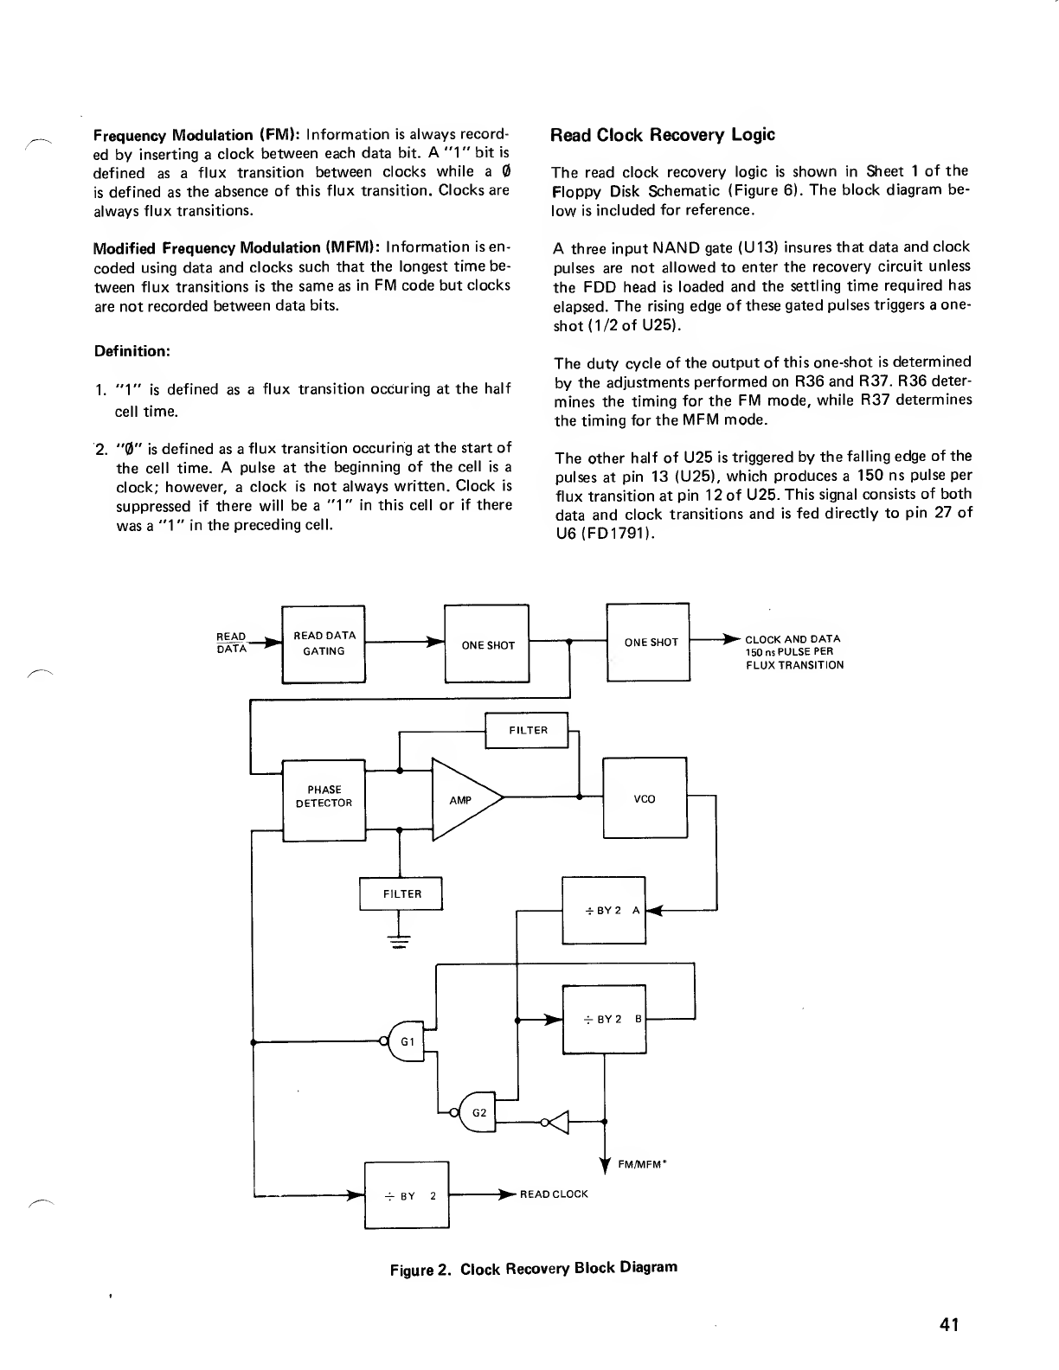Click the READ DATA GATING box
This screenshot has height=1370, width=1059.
pyautogui.click(x=324, y=644)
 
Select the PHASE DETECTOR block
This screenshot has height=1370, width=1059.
pyautogui.click(x=324, y=797)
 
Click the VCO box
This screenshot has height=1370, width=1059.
pyautogui.click(x=645, y=798)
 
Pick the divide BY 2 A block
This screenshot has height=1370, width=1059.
pyautogui.click(x=604, y=910)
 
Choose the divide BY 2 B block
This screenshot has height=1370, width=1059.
pyautogui.click(x=604, y=1019)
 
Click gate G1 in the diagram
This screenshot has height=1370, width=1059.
pyautogui.click(x=408, y=1041)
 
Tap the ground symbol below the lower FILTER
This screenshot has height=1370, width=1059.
pyautogui.click(x=400, y=941)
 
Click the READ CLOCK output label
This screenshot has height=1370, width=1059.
pyautogui.click(x=554, y=1194)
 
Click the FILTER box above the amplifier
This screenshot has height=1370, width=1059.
pyautogui.click(x=527, y=730)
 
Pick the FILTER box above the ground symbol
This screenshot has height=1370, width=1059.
pyautogui.click(x=401, y=893)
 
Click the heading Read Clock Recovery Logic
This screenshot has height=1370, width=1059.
pyautogui.click(x=663, y=135)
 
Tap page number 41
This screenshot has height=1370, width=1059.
pyautogui.click(x=949, y=1324)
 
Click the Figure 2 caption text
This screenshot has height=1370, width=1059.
pyautogui.click(x=533, y=1269)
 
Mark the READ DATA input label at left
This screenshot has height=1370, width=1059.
pyautogui.click(x=231, y=642)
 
